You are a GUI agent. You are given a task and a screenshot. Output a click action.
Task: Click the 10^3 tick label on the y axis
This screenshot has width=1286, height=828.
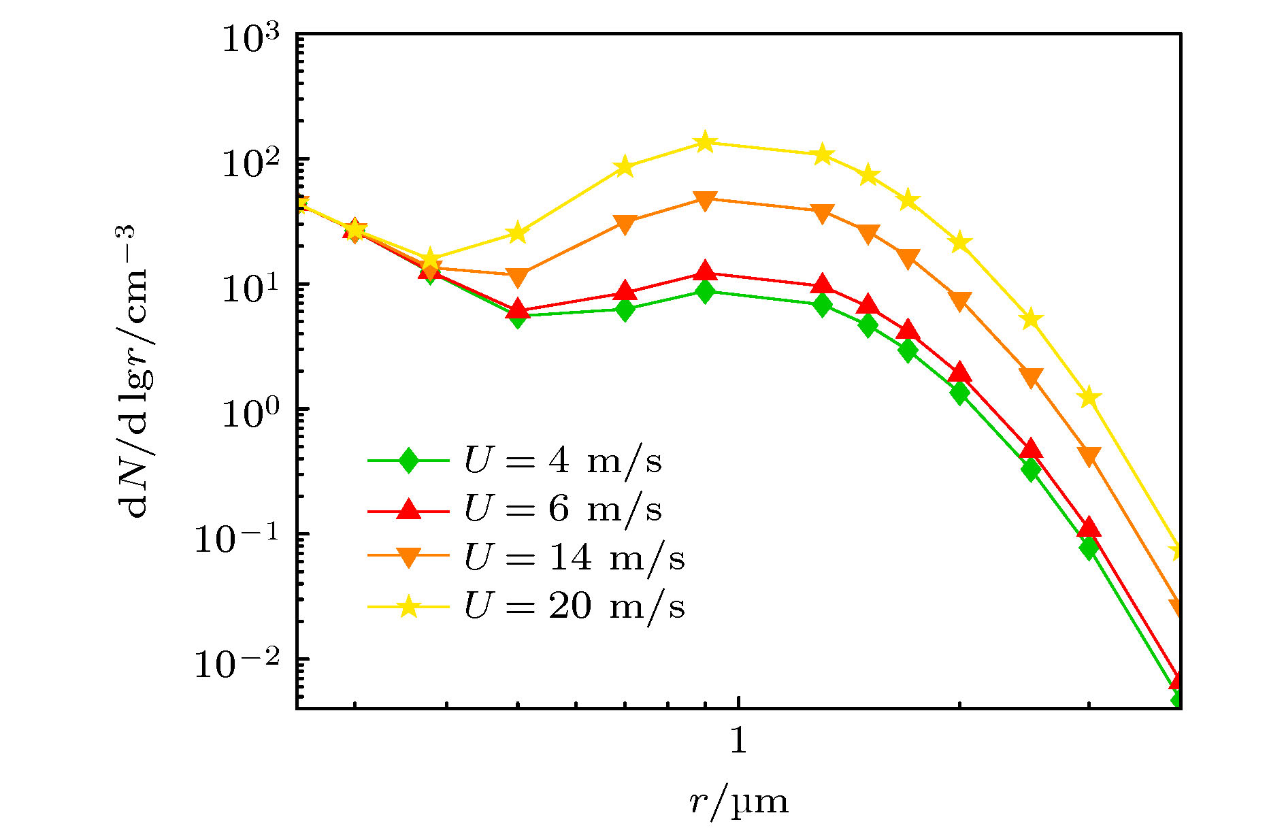(251, 39)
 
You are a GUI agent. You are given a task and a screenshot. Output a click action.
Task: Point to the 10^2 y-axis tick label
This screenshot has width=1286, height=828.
(251, 163)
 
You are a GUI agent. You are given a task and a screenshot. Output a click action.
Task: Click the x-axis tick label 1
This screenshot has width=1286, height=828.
(738, 740)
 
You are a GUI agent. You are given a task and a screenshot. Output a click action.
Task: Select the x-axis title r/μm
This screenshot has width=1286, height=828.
(738, 801)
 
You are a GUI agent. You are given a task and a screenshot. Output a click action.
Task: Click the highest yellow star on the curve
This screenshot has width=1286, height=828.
(705, 142)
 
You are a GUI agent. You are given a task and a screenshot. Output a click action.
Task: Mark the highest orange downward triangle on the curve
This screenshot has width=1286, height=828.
(705, 200)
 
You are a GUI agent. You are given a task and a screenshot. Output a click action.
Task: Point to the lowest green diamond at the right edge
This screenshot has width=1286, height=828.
(1179, 701)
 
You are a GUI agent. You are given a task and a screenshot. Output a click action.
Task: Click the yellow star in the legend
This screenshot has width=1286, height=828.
(408, 606)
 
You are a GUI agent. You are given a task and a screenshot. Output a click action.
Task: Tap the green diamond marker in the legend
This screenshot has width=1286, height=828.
(408, 461)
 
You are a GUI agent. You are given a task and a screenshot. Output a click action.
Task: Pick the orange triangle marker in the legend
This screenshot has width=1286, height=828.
(408, 558)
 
